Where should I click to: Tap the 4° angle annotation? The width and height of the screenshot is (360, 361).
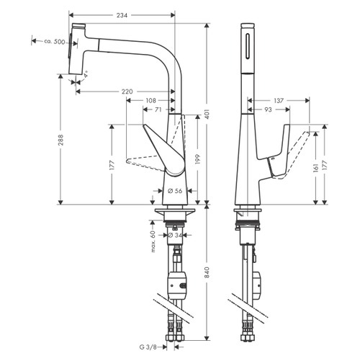(86, 74)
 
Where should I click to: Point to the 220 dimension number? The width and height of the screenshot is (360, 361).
(127, 92)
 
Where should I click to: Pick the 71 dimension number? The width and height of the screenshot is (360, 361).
(158, 110)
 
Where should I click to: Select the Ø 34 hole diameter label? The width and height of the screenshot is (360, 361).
(174, 236)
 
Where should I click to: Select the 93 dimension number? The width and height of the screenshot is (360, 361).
(267, 110)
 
